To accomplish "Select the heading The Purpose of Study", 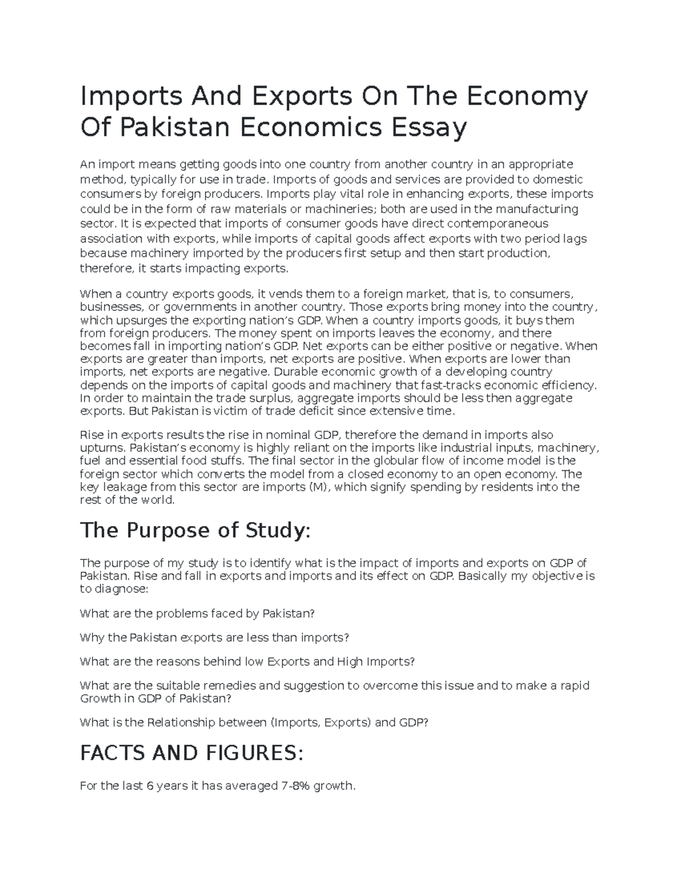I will [x=196, y=530].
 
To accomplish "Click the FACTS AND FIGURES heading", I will [x=192, y=753].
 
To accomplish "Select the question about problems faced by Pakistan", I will [x=197, y=614].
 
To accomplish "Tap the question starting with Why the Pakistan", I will [x=215, y=638].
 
